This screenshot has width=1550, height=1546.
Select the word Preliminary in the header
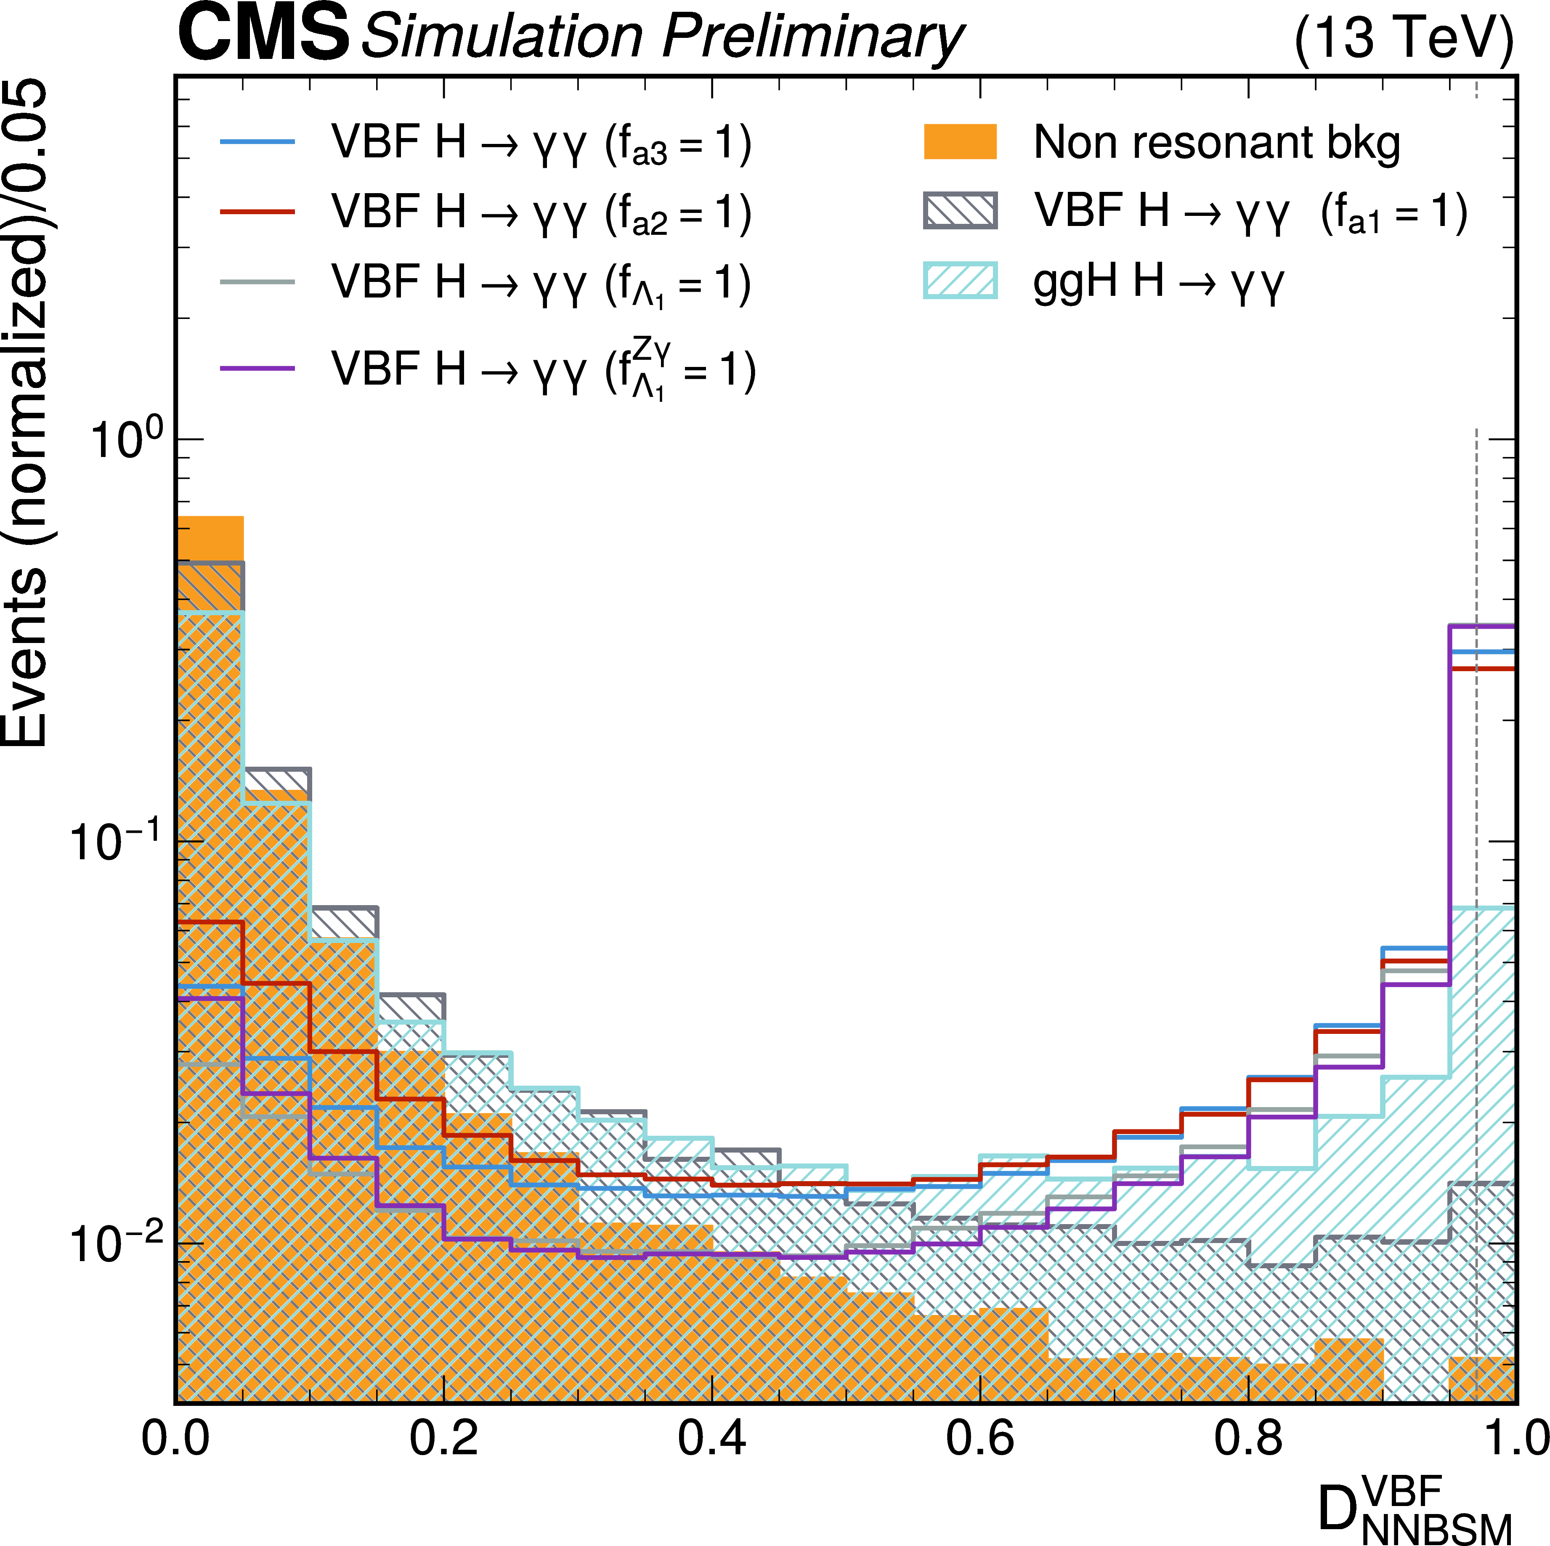812,38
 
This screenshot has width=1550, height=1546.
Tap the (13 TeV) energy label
1404,38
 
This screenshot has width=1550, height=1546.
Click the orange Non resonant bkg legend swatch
960,142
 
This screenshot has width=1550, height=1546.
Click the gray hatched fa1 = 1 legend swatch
960,211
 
